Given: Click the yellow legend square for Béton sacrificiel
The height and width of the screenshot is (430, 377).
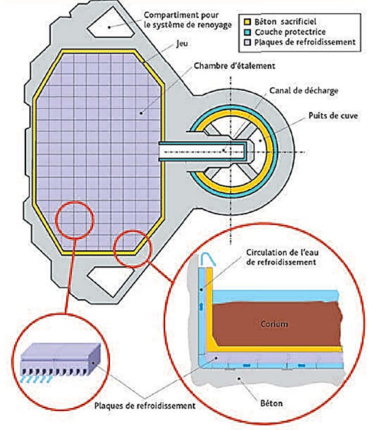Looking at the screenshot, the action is coord(247,22).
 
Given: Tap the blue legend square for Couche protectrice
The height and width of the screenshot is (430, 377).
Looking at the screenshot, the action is coord(247,32).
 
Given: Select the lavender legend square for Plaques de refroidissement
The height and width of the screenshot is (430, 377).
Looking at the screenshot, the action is coord(247,43).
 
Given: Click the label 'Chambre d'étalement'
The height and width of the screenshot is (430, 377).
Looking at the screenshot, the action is coord(234,66).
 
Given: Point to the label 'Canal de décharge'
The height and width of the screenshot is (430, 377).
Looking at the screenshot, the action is coord(303,91).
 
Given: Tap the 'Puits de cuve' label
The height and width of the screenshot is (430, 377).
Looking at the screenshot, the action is coord(333,115).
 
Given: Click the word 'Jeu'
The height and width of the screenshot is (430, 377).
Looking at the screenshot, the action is coord(182,44).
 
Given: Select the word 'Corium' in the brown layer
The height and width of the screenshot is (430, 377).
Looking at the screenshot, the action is coord(274,324).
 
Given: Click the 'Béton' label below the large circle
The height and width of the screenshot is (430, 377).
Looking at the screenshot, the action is coord(271,403).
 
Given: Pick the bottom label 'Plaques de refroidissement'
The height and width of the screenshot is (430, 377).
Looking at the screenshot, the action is coord(145,405).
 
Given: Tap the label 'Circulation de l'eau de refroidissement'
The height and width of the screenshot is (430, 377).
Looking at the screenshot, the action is coord(282,257).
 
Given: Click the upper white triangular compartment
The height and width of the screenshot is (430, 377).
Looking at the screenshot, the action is coord(110,24).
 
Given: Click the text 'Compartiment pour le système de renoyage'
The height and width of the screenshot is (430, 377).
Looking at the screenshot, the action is coord(188,20).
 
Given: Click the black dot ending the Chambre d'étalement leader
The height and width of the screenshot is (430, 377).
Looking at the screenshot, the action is coord(141,113).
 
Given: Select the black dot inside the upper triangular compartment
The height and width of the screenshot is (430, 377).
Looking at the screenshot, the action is coord(109,27).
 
